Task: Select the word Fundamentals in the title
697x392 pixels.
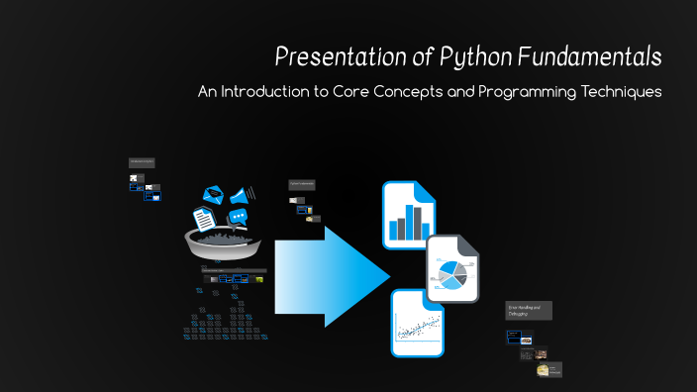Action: point(587,56)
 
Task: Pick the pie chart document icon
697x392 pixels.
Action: point(452,269)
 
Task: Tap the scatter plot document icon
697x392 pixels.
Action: point(417,323)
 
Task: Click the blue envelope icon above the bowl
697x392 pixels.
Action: point(215,195)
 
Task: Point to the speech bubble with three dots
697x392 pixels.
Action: point(237,217)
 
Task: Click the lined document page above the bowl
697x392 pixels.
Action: point(204,217)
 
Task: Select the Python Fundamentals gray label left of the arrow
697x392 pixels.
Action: point(301,185)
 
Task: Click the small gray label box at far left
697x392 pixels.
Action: point(141,161)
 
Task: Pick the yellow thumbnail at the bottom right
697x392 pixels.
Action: point(544,370)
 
